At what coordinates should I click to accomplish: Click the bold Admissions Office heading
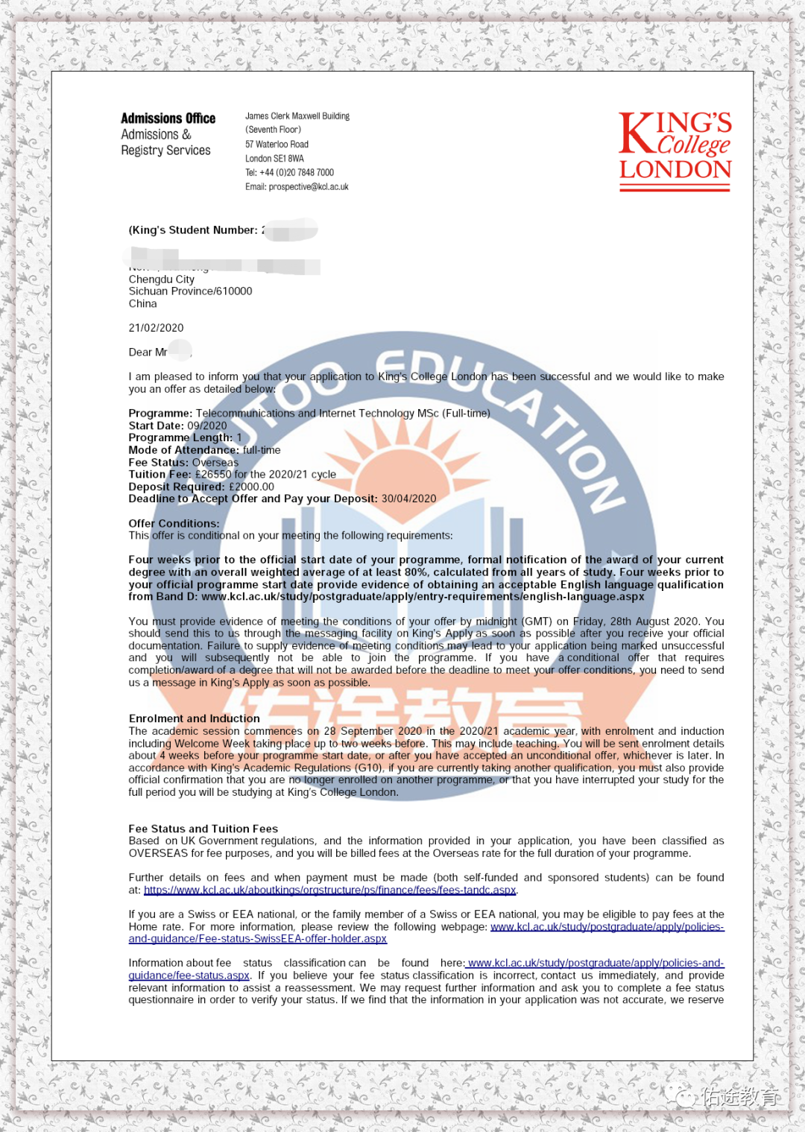click(168, 118)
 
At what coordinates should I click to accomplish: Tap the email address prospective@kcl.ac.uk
click(308, 187)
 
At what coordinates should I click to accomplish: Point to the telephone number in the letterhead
click(296, 172)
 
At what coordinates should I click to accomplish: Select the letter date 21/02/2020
click(156, 328)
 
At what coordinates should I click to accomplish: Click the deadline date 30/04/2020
click(408, 499)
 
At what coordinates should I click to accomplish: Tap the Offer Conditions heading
click(174, 524)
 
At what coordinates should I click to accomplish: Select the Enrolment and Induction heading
click(194, 718)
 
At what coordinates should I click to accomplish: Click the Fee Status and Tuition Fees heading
click(203, 829)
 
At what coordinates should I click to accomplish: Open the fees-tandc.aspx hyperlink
click(329, 890)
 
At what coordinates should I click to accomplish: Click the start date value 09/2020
click(206, 426)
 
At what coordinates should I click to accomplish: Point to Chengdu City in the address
click(161, 279)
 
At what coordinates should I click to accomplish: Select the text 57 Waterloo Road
click(277, 145)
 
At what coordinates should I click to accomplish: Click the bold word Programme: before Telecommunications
click(160, 414)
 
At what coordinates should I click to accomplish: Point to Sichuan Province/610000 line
click(190, 291)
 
